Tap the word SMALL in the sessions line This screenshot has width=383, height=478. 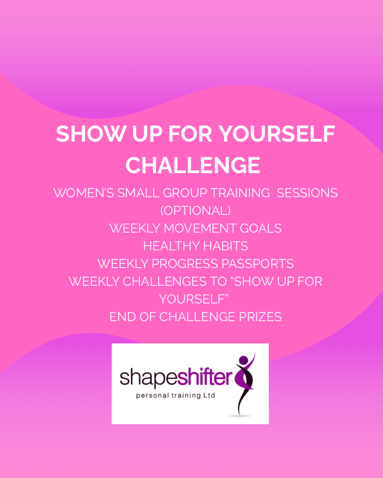point(138,193)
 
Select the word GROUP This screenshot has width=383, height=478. point(185,193)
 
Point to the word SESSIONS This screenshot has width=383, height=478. point(307,193)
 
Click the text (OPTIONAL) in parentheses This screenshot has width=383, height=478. point(195,211)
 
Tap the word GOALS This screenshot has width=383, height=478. point(261,228)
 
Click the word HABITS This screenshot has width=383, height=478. point(226,246)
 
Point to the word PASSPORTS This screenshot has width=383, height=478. point(257,264)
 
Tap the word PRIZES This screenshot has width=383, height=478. point(260,317)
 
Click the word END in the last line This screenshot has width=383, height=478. point(123,317)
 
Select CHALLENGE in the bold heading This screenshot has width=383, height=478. point(193,165)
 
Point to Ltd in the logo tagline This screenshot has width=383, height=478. point(210,395)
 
